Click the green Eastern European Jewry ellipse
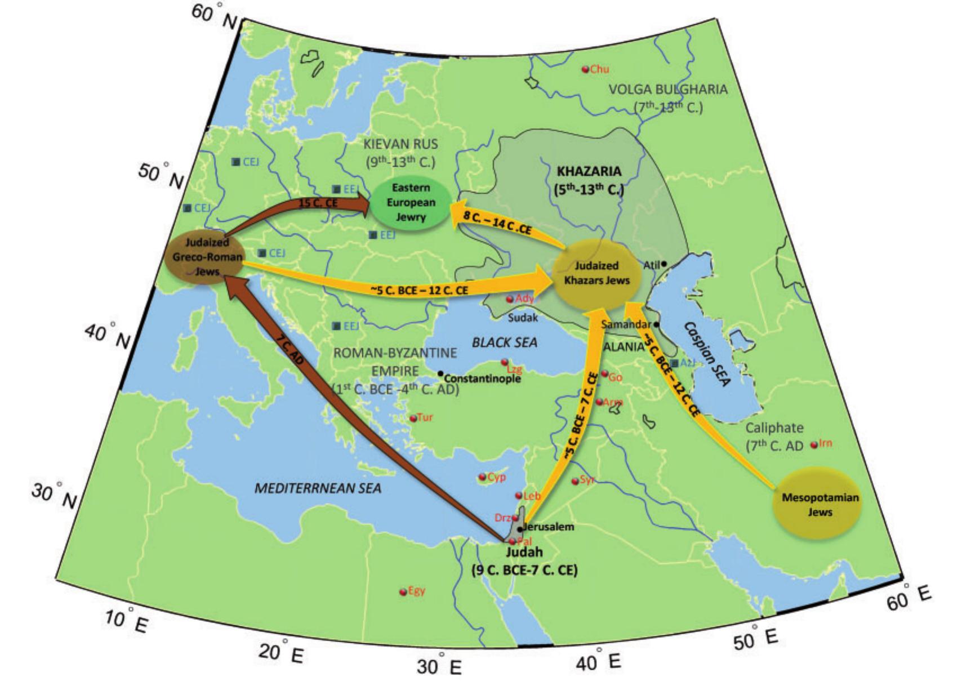click(x=411, y=203)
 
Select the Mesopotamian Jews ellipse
click(x=817, y=505)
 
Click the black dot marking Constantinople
click(x=440, y=373)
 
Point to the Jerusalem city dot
click(x=519, y=529)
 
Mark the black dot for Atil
click(x=664, y=264)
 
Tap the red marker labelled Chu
click(x=585, y=69)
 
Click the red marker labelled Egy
click(x=403, y=592)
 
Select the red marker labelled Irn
click(x=814, y=445)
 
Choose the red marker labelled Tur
click(x=413, y=419)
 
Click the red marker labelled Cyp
click(x=482, y=478)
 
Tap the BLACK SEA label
click(x=505, y=342)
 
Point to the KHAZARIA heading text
click(x=589, y=171)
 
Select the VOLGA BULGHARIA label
click(x=668, y=90)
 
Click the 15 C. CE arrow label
click(x=318, y=203)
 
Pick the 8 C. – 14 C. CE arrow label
click(x=497, y=223)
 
